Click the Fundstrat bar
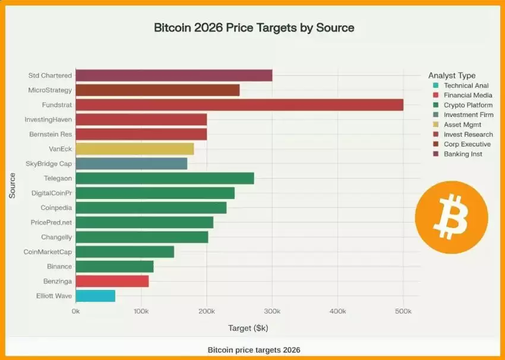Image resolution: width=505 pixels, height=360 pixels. click(239, 105)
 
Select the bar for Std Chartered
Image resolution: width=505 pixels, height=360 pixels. click(173, 75)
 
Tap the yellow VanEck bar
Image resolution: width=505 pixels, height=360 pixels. click(134, 149)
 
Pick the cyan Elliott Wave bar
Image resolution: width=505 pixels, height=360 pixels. click(95, 295)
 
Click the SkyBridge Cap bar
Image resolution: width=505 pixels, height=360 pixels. click(131, 163)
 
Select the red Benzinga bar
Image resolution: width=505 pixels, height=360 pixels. click(112, 281)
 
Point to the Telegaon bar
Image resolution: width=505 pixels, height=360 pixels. click(165, 178)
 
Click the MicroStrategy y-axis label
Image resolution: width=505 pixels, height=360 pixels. click(50, 90)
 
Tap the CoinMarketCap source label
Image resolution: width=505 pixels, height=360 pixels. click(48, 252)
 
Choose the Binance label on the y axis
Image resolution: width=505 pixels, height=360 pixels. click(59, 267)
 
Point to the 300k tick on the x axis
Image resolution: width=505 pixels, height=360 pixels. click(272, 311)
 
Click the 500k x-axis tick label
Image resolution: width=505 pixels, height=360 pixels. click(403, 311)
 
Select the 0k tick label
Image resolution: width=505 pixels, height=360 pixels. click(75, 311)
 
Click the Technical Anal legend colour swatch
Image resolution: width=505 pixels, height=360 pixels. click(435, 86)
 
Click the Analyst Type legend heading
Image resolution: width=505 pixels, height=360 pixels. click(452, 75)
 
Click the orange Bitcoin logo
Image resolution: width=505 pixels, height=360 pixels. click(451, 217)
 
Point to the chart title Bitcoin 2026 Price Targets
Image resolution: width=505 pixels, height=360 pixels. click(254, 28)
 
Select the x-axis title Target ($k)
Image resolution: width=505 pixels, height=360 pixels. click(248, 328)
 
